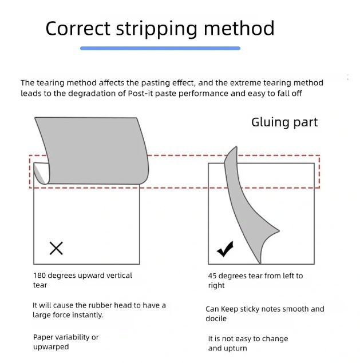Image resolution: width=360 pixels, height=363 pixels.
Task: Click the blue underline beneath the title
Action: coord(160,49)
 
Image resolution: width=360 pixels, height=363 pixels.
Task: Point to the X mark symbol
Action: coord(56,248)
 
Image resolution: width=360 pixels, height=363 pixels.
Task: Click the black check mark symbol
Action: coord(225,249)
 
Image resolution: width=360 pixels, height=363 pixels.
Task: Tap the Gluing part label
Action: coord(284,122)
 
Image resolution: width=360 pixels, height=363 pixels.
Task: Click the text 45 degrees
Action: coord(227,276)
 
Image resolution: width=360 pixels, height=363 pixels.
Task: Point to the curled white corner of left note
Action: coord(40,174)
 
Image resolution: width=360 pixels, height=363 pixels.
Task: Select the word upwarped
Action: coord(51,346)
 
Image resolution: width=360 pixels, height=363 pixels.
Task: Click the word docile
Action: coord(216,318)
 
